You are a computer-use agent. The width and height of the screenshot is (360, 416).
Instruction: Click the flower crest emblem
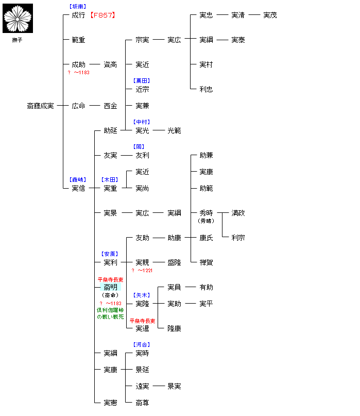pos(18,18)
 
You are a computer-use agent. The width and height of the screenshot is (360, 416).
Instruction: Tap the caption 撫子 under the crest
pos(18,40)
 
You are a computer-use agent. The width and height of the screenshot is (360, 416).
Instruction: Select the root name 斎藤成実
pos(40,106)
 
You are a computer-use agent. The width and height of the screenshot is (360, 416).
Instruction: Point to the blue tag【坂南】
pos(78,7)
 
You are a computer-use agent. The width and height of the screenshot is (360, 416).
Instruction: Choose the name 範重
pos(78,40)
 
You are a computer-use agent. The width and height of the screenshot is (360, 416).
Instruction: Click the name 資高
pos(110,64)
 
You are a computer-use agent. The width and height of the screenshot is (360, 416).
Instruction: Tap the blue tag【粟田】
pos(142,81)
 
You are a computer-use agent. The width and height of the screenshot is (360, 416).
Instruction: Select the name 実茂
pos(270,15)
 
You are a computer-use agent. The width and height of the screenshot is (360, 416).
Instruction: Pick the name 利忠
pos(206,89)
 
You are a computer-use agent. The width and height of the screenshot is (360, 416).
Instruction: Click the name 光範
pos(174,130)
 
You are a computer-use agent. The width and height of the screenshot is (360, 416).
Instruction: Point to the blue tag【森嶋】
pos(78,180)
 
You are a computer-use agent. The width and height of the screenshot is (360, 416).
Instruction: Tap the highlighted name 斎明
pos(110,287)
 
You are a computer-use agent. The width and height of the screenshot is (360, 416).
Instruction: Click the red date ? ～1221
pos(142,270)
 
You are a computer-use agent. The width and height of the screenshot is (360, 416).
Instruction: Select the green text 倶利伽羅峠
pos(110,310)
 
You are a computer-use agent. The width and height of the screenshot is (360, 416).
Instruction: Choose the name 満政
pos(238,213)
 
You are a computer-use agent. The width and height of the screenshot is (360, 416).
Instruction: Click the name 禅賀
pos(206,262)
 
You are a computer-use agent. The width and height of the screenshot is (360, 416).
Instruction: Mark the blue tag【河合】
pos(142,345)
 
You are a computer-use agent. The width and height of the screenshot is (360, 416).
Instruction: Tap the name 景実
pos(174,386)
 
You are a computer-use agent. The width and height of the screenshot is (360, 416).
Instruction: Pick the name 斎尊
pos(142,403)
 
